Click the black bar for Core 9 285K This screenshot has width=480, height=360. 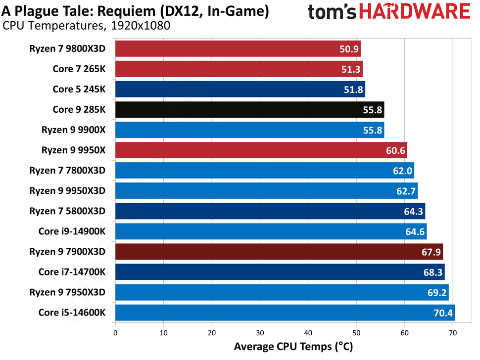[238, 110]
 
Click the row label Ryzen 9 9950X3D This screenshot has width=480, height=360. [67, 191]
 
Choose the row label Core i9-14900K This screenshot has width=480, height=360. [72, 231]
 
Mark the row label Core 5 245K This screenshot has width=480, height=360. [79, 90]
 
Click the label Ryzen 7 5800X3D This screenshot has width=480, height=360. [67, 211]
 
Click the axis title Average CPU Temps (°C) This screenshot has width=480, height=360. [293, 347]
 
